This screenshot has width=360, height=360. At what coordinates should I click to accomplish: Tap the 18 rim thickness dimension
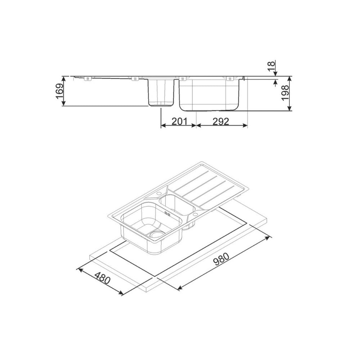[271, 66]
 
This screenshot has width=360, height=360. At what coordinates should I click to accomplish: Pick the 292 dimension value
[221, 122]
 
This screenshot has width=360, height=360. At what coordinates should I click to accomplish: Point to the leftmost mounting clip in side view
[86, 78]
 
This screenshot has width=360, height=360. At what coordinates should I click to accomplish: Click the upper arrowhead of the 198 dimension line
[290, 78]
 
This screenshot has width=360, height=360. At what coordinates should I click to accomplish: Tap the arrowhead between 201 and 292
[196, 126]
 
